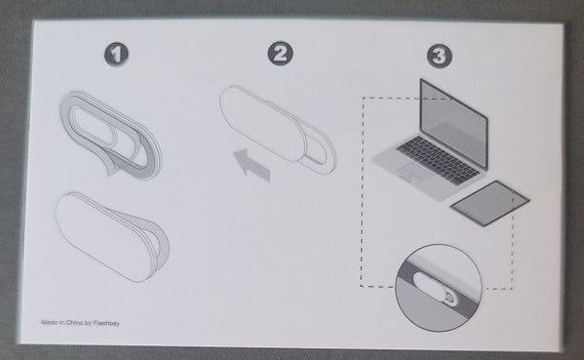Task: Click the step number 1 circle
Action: click(x=116, y=55)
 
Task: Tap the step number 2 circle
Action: click(x=280, y=54)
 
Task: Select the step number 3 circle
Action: click(x=440, y=56)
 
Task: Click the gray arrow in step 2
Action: click(x=251, y=164)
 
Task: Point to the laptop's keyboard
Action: click(x=438, y=159)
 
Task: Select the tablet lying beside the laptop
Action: click(x=489, y=203)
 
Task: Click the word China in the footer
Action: click(x=74, y=323)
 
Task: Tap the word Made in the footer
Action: click(x=49, y=322)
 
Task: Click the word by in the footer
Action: click(x=88, y=324)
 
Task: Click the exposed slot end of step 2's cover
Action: click(x=320, y=153)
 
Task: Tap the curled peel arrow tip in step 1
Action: click(x=110, y=171)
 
